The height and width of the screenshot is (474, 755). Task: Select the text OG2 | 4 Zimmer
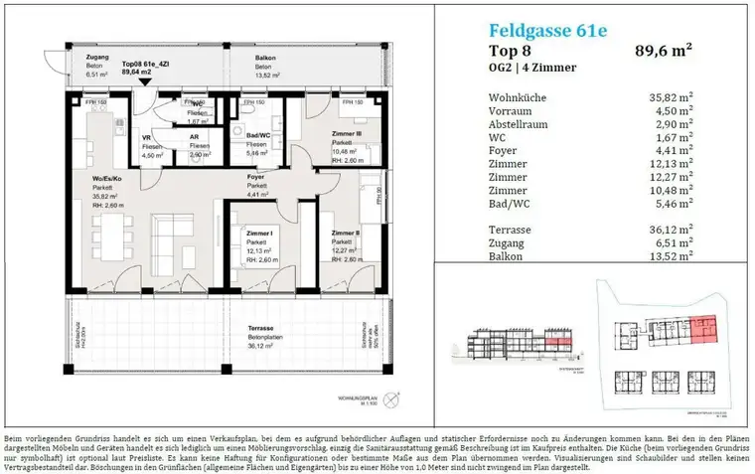click(x=532, y=68)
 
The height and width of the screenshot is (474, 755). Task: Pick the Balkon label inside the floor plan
click(x=266, y=59)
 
